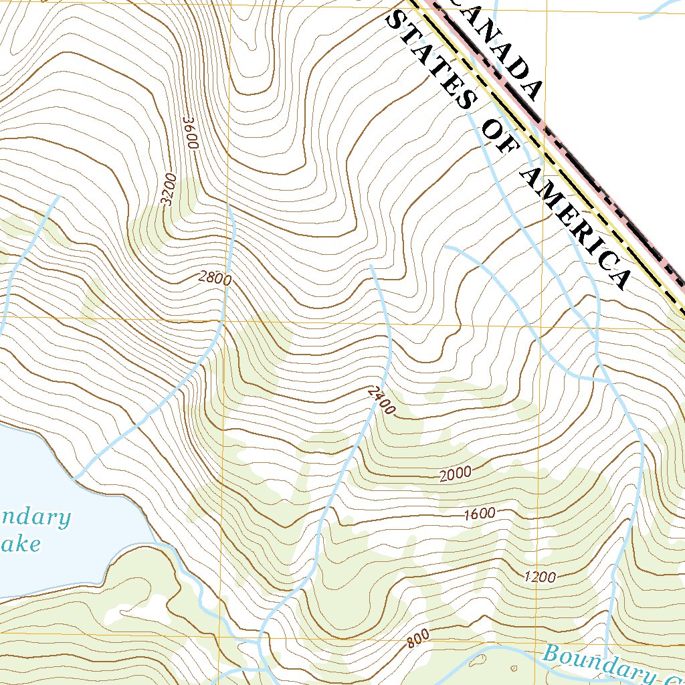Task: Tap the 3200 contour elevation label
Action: pos(167,189)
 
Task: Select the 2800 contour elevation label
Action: pos(215,278)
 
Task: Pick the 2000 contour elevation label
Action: pos(456,474)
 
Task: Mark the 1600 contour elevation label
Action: pos(480,514)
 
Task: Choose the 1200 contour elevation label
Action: pos(540,577)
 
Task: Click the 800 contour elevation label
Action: pos(418,640)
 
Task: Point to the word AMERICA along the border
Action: pos(575,227)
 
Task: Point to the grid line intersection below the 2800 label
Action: pos(225,320)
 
